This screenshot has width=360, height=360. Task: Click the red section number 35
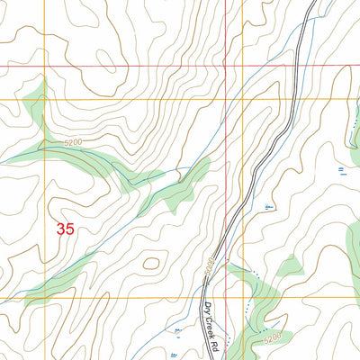click(65, 229)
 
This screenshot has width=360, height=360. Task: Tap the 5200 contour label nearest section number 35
click(78, 142)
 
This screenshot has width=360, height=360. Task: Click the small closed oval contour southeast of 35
click(151, 264)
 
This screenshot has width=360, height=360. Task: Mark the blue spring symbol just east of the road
click(269, 208)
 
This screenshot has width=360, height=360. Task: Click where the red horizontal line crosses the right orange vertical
click(243, 67)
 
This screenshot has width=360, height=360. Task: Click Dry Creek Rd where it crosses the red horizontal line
click(296, 67)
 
